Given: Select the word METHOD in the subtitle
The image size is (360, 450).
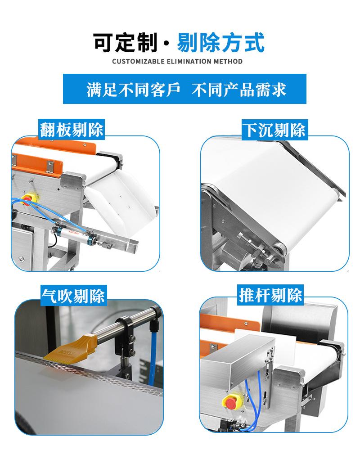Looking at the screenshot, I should click(x=227, y=61).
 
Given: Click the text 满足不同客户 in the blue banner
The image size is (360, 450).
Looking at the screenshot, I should click(x=133, y=89).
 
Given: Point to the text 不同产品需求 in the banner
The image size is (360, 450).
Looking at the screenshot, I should click(x=239, y=89).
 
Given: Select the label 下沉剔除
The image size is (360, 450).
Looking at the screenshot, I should click(x=274, y=130).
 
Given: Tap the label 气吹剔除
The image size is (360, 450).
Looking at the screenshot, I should click(x=73, y=295).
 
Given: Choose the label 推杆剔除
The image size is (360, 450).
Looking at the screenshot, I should click(x=270, y=296).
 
